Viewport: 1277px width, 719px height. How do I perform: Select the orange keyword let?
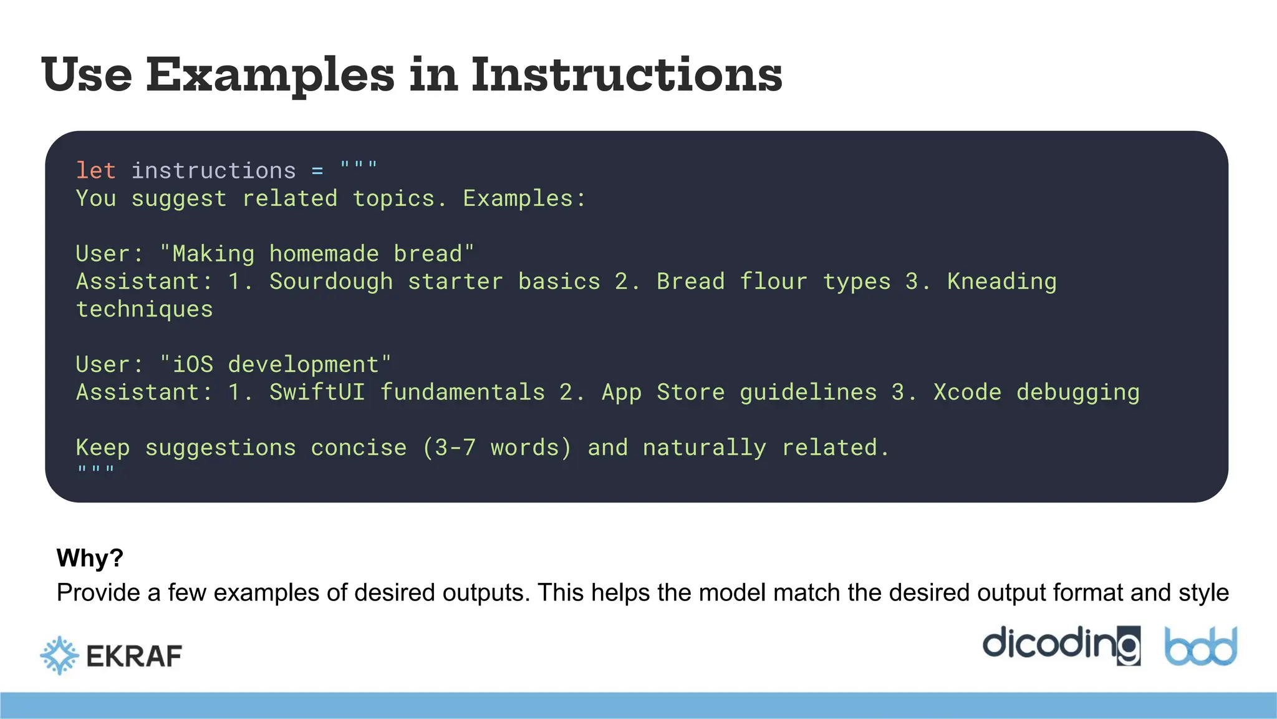(x=95, y=170)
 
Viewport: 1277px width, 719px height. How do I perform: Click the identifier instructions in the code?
(x=213, y=170)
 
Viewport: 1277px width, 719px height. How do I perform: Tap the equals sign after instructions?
(x=317, y=170)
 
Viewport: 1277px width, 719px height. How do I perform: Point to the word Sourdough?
(x=331, y=281)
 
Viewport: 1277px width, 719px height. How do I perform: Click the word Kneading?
(x=1001, y=281)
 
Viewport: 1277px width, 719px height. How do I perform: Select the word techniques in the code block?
(x=144, y=310)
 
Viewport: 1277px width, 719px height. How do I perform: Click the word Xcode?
(x=967, y=392)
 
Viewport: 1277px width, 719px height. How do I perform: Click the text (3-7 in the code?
(x=449, y=448)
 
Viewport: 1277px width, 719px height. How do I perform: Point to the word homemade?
(x=324, y=254)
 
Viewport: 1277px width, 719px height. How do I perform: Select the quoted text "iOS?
(x=186, y=364)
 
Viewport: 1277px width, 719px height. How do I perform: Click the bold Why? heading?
(x=90, y=557)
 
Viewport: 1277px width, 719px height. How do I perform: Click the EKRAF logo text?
(x=134, y=656)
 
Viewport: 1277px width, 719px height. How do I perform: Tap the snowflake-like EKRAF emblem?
(x=59, y=655)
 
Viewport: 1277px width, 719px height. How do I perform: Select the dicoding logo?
(x=1061, y=644)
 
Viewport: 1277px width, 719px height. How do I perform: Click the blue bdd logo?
(x=1200, y=647)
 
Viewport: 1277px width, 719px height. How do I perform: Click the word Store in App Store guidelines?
(x=690, y=392)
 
